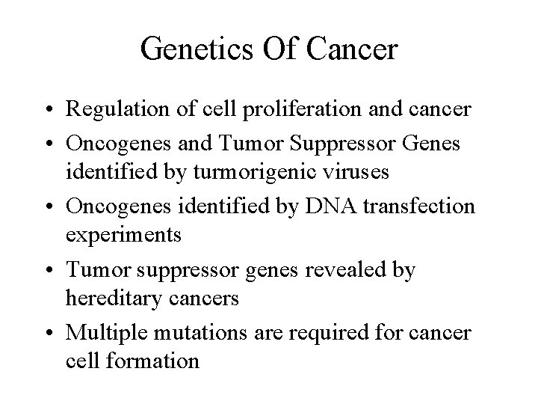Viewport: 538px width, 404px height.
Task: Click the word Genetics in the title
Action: point(197,49)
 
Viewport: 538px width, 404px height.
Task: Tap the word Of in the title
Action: point(279,48)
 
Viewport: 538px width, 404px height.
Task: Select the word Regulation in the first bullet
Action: point(117,110)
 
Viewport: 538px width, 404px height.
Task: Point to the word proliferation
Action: point(302,109)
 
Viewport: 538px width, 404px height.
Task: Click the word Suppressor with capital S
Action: point(342,144)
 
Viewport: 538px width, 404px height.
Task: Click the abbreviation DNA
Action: point(330,206)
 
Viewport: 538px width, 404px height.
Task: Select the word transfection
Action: point(419,206)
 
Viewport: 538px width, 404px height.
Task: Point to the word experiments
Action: point(123,236)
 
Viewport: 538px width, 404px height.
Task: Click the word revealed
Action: point(345,269)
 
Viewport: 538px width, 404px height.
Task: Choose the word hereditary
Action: point(114,299)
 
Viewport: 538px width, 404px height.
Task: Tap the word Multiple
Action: point(106,333)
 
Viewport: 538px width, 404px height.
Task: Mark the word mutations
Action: point(200,333)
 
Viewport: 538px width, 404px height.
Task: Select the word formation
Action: point(152,361)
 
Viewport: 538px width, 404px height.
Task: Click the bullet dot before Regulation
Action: point(49,110)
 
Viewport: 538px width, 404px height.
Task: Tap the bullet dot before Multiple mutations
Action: point(49,333)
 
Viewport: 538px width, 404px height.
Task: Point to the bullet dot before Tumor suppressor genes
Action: point(49,270)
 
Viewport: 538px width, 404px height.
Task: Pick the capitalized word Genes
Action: point(431,143)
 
